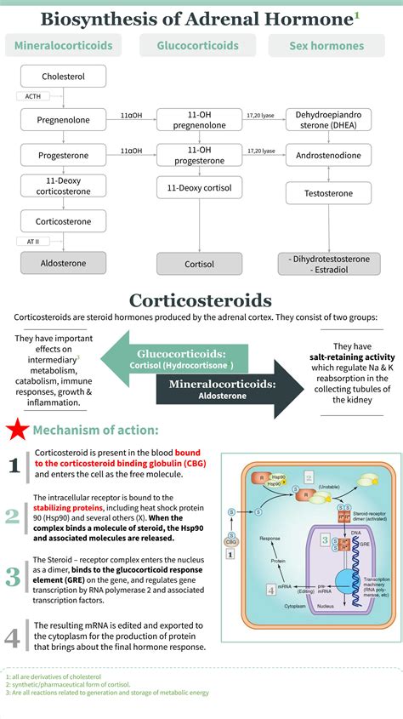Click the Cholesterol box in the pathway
(x=63, y=77)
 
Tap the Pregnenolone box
(x=63, y=120)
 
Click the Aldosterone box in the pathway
(x=63, y=263)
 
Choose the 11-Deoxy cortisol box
(x=199, y=187)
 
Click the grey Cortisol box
(x=199, y=264)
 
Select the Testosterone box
(x=328, y=193)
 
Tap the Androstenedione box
(x=328, y=156)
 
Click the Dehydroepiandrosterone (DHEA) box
(x=328, y=119)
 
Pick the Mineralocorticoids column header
(x=63, y=46)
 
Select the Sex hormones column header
(x=326, y=46)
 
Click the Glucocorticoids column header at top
(x=198, y=46)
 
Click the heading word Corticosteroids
(x=201, y=300)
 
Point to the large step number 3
(x=13, y=576)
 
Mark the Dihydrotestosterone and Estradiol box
(x=328, y=264)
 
